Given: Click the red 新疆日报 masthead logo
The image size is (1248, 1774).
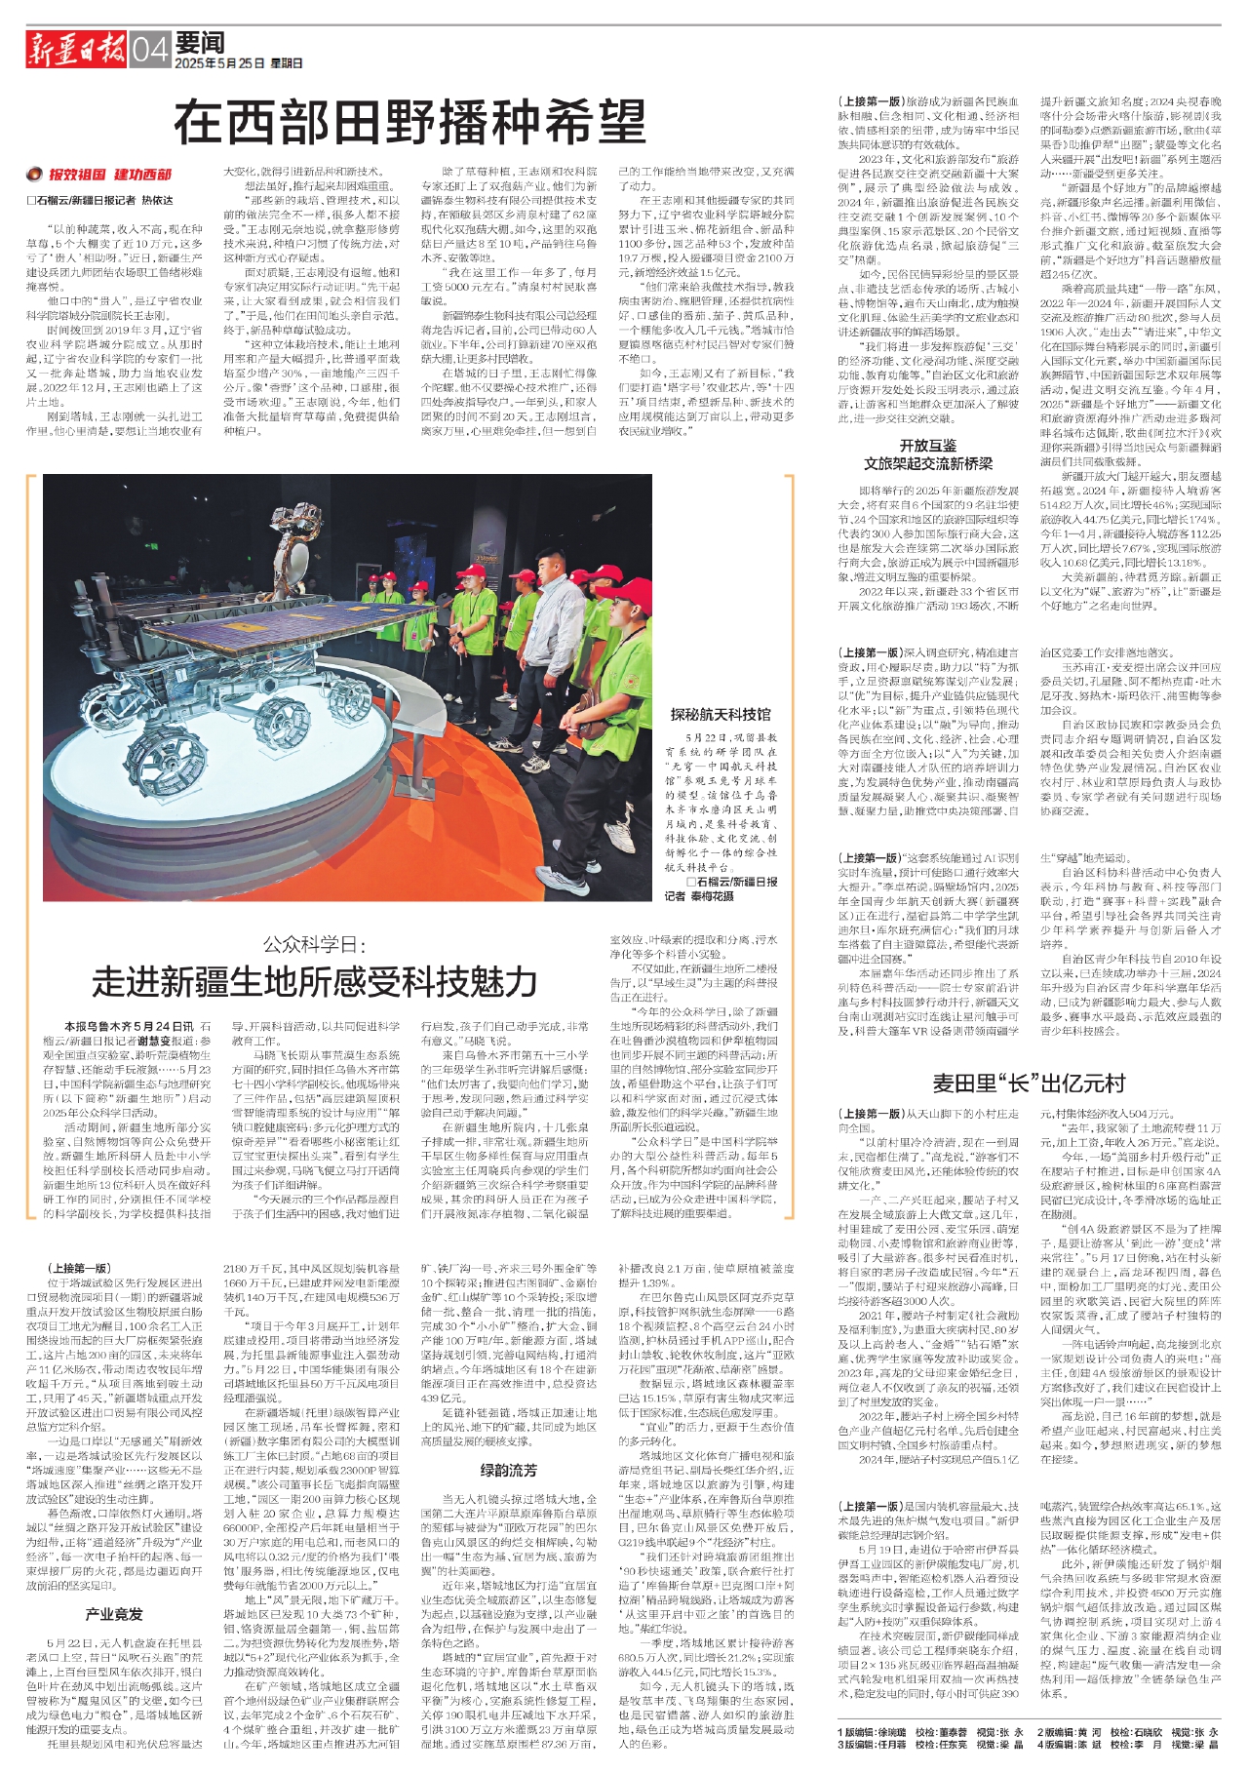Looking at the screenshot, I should point(76,49).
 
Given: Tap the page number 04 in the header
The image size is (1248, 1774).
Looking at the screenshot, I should point(150,50).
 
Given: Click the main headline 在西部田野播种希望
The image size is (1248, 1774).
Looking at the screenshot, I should point(409,123).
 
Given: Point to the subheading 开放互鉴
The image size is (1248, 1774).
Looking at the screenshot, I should point(927,446).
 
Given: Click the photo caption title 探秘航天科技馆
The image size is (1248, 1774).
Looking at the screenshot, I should point(720,715).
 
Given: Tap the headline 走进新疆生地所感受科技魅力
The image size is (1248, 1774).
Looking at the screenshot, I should point(315,980).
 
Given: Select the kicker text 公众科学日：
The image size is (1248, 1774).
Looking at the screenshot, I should point(315,944).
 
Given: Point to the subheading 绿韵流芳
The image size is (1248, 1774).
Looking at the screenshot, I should point(508,1470).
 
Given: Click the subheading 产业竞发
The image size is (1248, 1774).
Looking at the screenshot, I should point(114,1614).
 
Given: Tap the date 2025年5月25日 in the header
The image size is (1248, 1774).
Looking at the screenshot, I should point(219,63).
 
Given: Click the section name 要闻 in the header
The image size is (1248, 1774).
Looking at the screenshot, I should point(202,42).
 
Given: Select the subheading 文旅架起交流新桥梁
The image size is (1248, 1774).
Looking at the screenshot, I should point(927,463).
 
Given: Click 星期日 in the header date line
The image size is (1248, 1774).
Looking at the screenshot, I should point(287,63).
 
